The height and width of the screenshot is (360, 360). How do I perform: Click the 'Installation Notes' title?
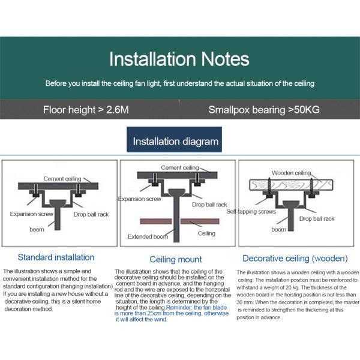(x=179, y=59)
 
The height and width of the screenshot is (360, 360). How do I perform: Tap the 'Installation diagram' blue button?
(x=176, y=142)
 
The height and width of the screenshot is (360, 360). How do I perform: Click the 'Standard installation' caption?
(x=56, y=257)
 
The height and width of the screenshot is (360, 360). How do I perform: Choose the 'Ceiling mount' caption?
(x=176, y=260)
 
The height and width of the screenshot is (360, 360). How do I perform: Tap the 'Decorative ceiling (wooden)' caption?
(x=295, y=259)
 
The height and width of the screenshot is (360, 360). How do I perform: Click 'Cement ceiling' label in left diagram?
(x=63, y=179)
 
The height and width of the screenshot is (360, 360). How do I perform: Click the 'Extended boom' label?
(x=148, y=236)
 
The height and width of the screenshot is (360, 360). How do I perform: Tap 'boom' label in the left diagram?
(x=37, y=229)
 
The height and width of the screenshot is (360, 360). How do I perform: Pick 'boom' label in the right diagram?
(x=278, y=229)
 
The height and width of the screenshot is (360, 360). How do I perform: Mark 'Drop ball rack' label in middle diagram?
(x=209, y=205)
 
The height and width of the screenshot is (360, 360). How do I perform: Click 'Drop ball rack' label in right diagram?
(x=317, y=219)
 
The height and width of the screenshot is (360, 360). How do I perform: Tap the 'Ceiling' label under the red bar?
(x=206, y=233)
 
